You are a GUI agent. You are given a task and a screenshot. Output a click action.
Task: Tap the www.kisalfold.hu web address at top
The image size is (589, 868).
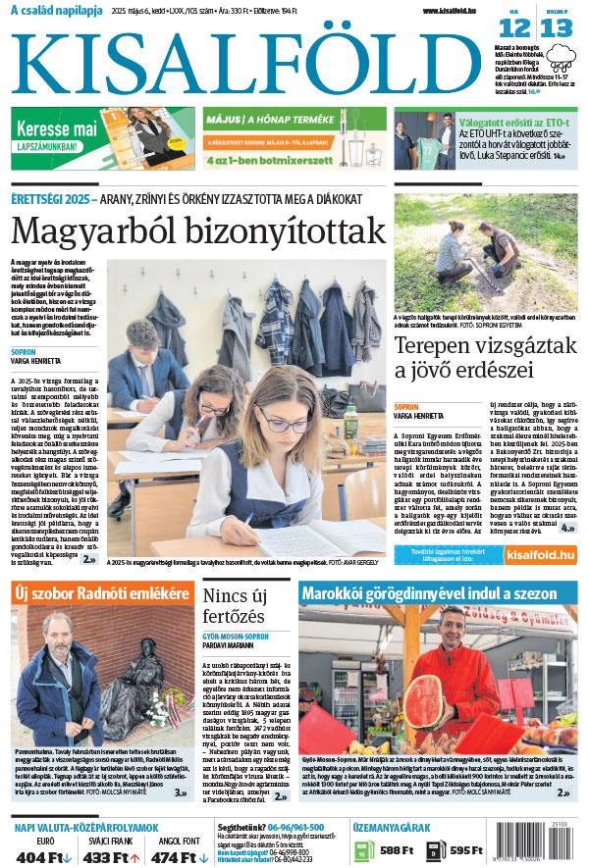(x=456, y=11)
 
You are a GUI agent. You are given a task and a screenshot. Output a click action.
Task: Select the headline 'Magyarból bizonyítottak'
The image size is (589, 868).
(x=198, y=231)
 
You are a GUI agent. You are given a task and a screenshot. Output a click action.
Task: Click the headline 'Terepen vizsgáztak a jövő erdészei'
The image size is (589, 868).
(x=463, y=359)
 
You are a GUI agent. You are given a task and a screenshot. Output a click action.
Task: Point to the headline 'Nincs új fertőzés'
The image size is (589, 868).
(x=240, y=606)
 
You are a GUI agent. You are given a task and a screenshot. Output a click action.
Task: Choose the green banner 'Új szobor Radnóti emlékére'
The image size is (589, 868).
(x=99, y=594)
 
